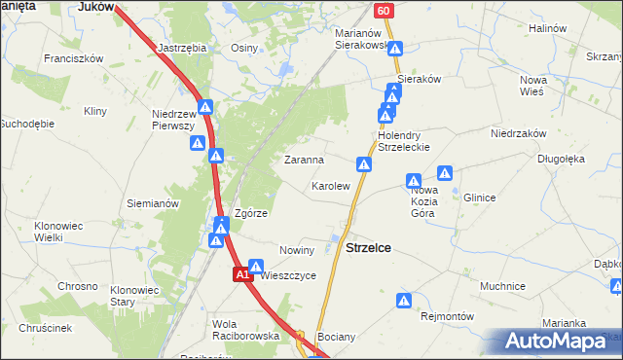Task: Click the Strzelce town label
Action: coord(369,248)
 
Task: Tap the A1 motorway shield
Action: coord(243,276)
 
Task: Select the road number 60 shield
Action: coord(384,11)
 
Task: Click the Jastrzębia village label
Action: coord(182,46)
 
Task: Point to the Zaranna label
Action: coord(303,159)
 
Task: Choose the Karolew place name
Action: coord(330,185)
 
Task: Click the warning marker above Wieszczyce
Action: coord(256,265)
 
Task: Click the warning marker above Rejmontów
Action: coord(406,302)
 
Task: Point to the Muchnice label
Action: coord(502,287)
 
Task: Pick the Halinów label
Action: coord(547,28)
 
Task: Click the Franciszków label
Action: coord(73,58)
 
